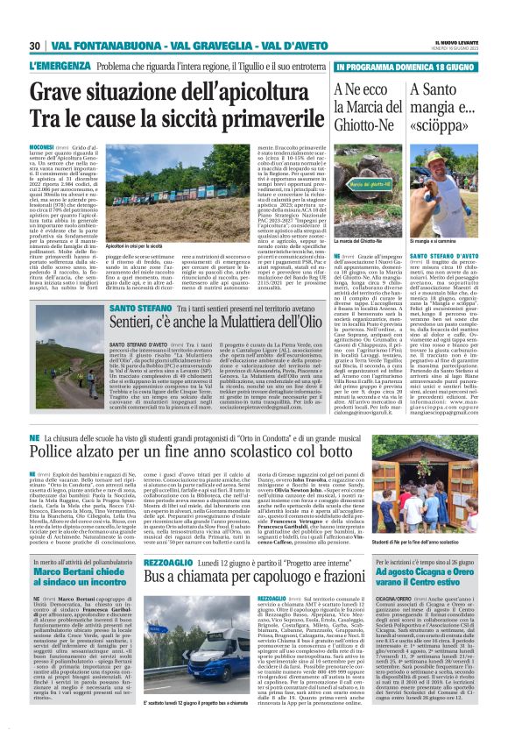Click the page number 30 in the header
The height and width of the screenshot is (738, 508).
pyautogui.click(x=35, y=46)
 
